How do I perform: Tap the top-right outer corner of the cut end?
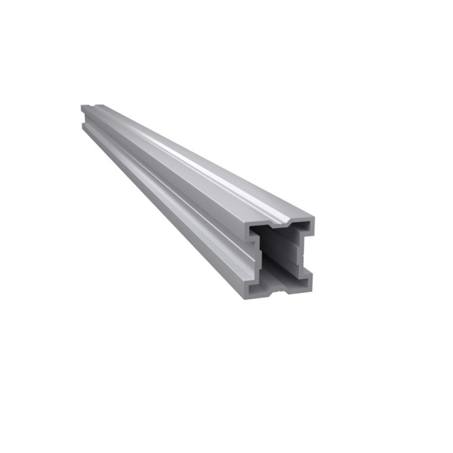(x=314, y=219)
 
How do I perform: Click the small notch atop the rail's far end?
(x=93, y=108)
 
